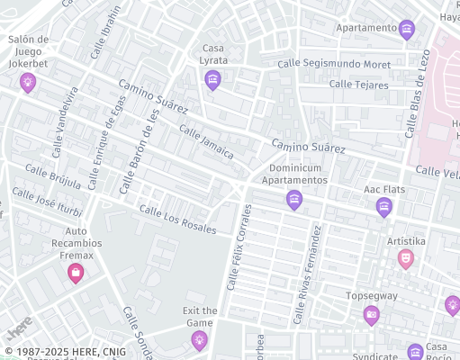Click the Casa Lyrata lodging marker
212,80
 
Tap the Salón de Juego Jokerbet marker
28,83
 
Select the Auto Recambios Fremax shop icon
76,272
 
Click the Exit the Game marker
199,339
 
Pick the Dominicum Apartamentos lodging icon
293,200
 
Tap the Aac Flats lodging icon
384,207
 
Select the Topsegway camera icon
372,314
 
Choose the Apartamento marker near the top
407,29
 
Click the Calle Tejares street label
358,85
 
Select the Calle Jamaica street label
206,142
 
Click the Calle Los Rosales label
177,219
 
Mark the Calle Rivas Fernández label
307,274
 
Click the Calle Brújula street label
53,176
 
